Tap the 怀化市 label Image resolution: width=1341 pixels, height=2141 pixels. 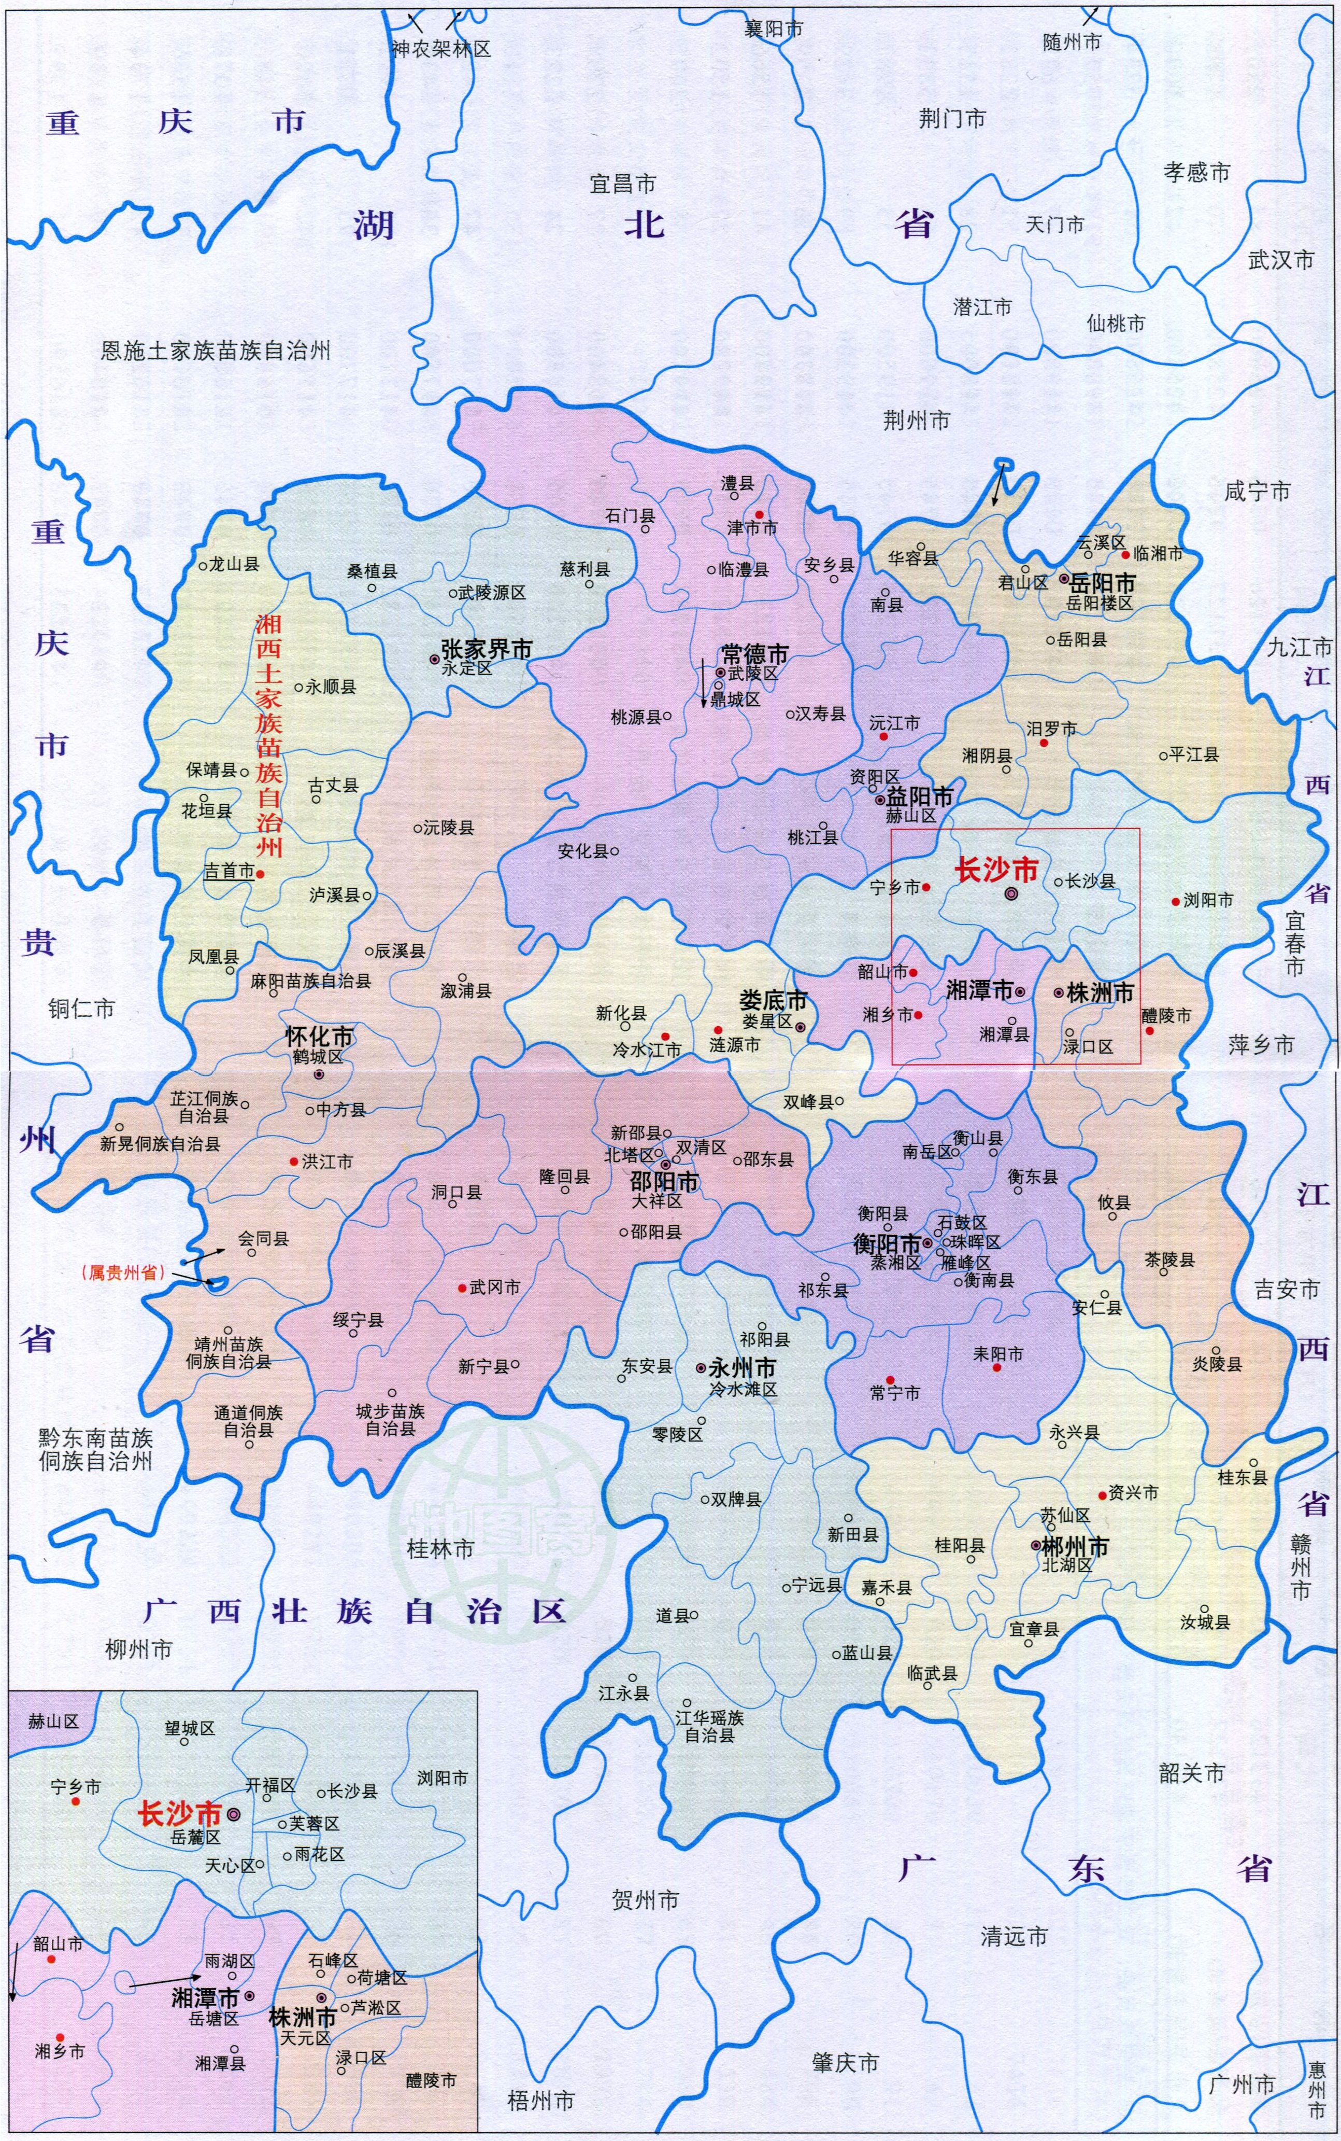tap(318, 1037)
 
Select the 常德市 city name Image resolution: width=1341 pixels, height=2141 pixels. tap(755, 655)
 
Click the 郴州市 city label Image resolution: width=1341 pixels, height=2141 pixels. tap(1075, 1547)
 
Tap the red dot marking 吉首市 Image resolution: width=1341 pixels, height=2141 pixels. tap(261, 874)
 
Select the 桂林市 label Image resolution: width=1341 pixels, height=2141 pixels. tap(440, 1549)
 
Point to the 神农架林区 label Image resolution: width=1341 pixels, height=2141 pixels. tap(441, 49)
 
